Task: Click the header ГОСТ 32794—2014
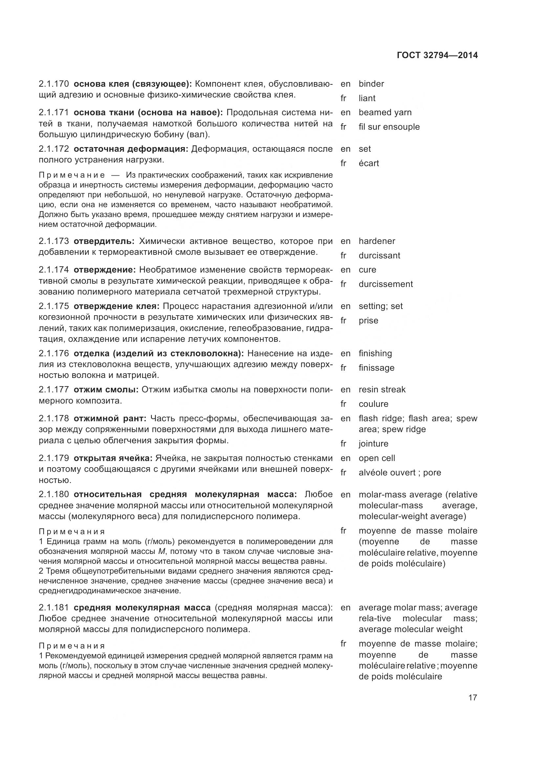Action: (437, 55)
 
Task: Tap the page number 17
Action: (472, 697)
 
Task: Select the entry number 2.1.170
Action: (54, 84)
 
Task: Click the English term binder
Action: (371, 84)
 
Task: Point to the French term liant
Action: (367, 99)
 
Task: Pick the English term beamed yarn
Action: (385, 112)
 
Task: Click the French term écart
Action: (368, 163)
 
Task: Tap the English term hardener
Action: (377, 241)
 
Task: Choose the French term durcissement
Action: (385, 284)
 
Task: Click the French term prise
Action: (368, 320)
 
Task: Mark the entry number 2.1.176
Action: (54, 353)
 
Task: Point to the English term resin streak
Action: (382, 389)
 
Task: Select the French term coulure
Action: (374, 404)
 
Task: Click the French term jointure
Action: (374, 444)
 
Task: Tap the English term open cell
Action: (377, 458)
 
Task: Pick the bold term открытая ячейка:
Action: (113, 458)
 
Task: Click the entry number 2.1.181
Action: (54, 607)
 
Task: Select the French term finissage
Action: (377, 368)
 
